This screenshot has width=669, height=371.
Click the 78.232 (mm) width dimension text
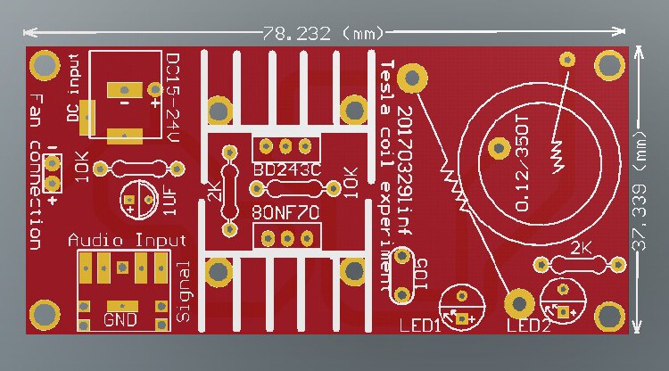322,33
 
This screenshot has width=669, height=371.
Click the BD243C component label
286,169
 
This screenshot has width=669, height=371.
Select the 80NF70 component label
286,214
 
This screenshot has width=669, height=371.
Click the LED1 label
419,325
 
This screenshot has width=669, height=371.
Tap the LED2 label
529,325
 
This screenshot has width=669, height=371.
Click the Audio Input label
128,241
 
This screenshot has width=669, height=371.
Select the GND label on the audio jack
120,318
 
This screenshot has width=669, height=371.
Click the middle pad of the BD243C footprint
286,146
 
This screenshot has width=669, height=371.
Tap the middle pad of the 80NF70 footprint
286,236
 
